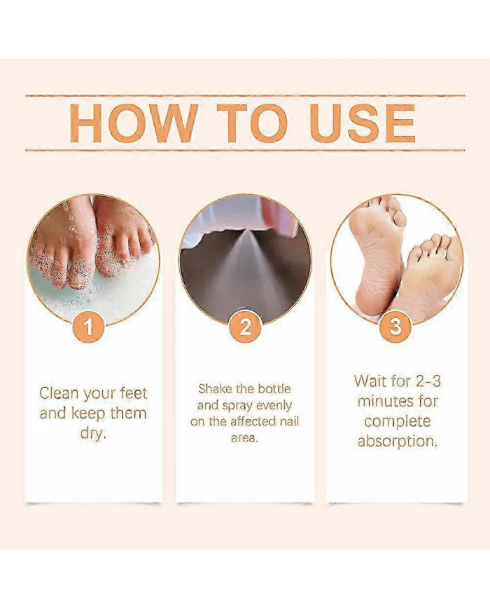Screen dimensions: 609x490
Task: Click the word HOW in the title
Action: click(133, 123)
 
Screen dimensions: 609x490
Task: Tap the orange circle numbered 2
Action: click(244, 326)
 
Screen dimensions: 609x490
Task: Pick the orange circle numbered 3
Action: click(396, 326)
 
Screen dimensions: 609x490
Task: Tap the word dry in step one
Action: click(93, 432)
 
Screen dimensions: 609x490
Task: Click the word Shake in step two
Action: click(214, 388)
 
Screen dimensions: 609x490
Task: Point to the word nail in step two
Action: click(276, 422)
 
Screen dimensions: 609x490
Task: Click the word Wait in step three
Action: click(371, 381)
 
